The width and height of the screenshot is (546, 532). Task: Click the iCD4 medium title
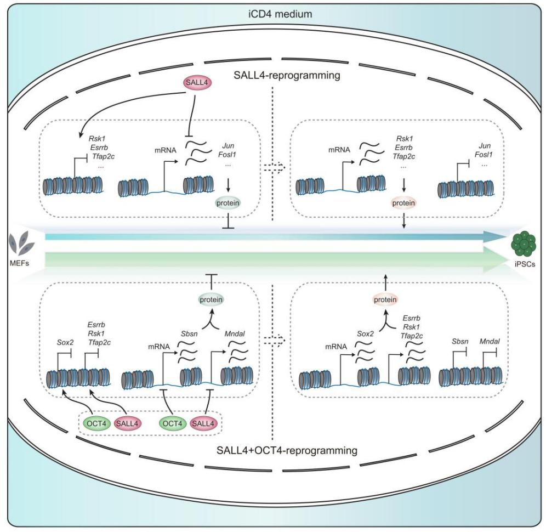pos(272,14)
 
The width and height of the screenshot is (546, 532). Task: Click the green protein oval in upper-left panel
pos(229,205)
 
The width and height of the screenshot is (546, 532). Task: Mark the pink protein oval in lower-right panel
pos(384,299)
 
